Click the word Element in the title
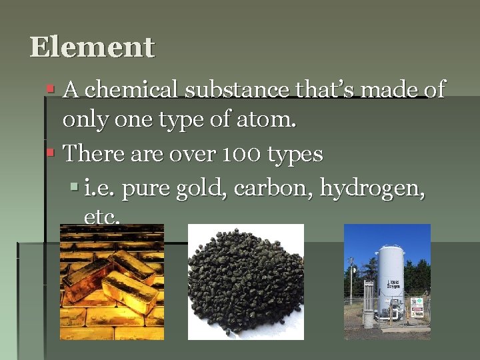tap(92, 47)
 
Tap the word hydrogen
tap(371, 190)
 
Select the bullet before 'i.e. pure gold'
tap(74, 189)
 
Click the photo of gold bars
tap(111, 282)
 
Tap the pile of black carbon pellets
tap(245, 282)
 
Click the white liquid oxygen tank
tap(391, 280)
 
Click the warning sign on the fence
tap(417, 306)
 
